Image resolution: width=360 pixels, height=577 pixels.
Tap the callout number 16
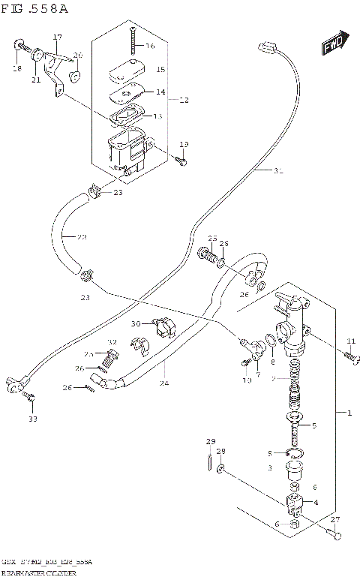[x=150, y=47]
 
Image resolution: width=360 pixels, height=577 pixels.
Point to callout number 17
[x=57, y=37]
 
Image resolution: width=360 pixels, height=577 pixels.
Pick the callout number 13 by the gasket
[x=157, y=116]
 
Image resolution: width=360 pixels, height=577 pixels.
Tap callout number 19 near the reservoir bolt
[x=184, y=144]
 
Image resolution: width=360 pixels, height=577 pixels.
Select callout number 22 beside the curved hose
[x=81, y=237]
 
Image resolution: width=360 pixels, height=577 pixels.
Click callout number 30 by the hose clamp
[x=135, y=324]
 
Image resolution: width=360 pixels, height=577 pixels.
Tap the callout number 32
[x=113, y=342]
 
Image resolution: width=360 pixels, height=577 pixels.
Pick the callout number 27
[x=335, y=520]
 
